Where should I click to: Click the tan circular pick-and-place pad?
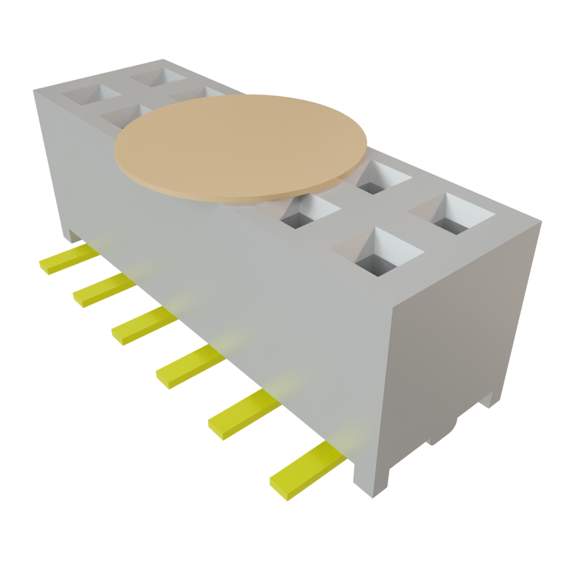tap(240, 147)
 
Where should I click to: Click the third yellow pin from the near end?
tap(190, 365)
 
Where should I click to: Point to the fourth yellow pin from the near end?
tap(143, 325)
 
